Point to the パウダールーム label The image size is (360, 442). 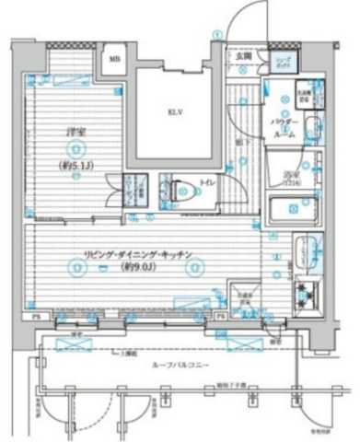coord(282,127)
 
